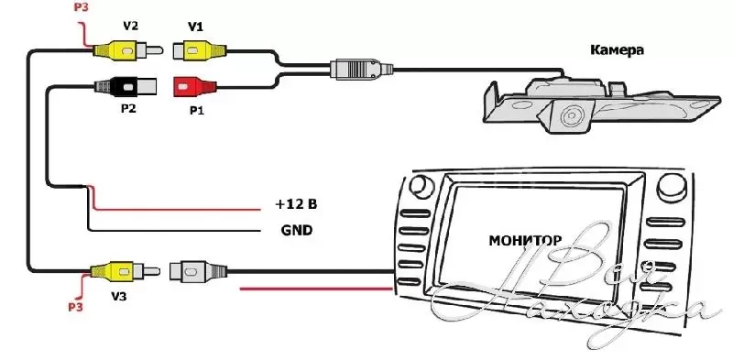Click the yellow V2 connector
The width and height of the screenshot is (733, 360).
coord(127,49)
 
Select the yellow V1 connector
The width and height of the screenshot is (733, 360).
coord(200,50)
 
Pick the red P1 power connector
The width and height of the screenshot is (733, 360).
coord(195,87)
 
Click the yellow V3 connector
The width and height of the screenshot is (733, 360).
coord(125,271)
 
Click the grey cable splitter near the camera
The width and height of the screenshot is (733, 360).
coord(361,70)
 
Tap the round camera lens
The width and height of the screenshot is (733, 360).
coord(570,116)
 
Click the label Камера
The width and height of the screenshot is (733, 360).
coord(617,49)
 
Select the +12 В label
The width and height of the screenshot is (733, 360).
coord(296,204)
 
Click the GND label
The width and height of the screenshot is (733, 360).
coord(297,230)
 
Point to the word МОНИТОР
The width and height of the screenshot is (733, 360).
coord(525,240)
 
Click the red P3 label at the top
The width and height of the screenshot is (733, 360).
coord(82,7)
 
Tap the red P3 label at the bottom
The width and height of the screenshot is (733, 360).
coord(76,307)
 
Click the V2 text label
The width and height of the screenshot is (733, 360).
coord(130,26)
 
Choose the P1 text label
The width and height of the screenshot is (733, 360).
coord(197,111)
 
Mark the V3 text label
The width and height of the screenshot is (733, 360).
coord(119,296)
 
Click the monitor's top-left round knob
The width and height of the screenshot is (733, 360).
coord(421,186)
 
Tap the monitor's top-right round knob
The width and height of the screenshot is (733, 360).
coord(671,187)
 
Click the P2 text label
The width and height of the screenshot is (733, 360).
coord(128,108)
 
